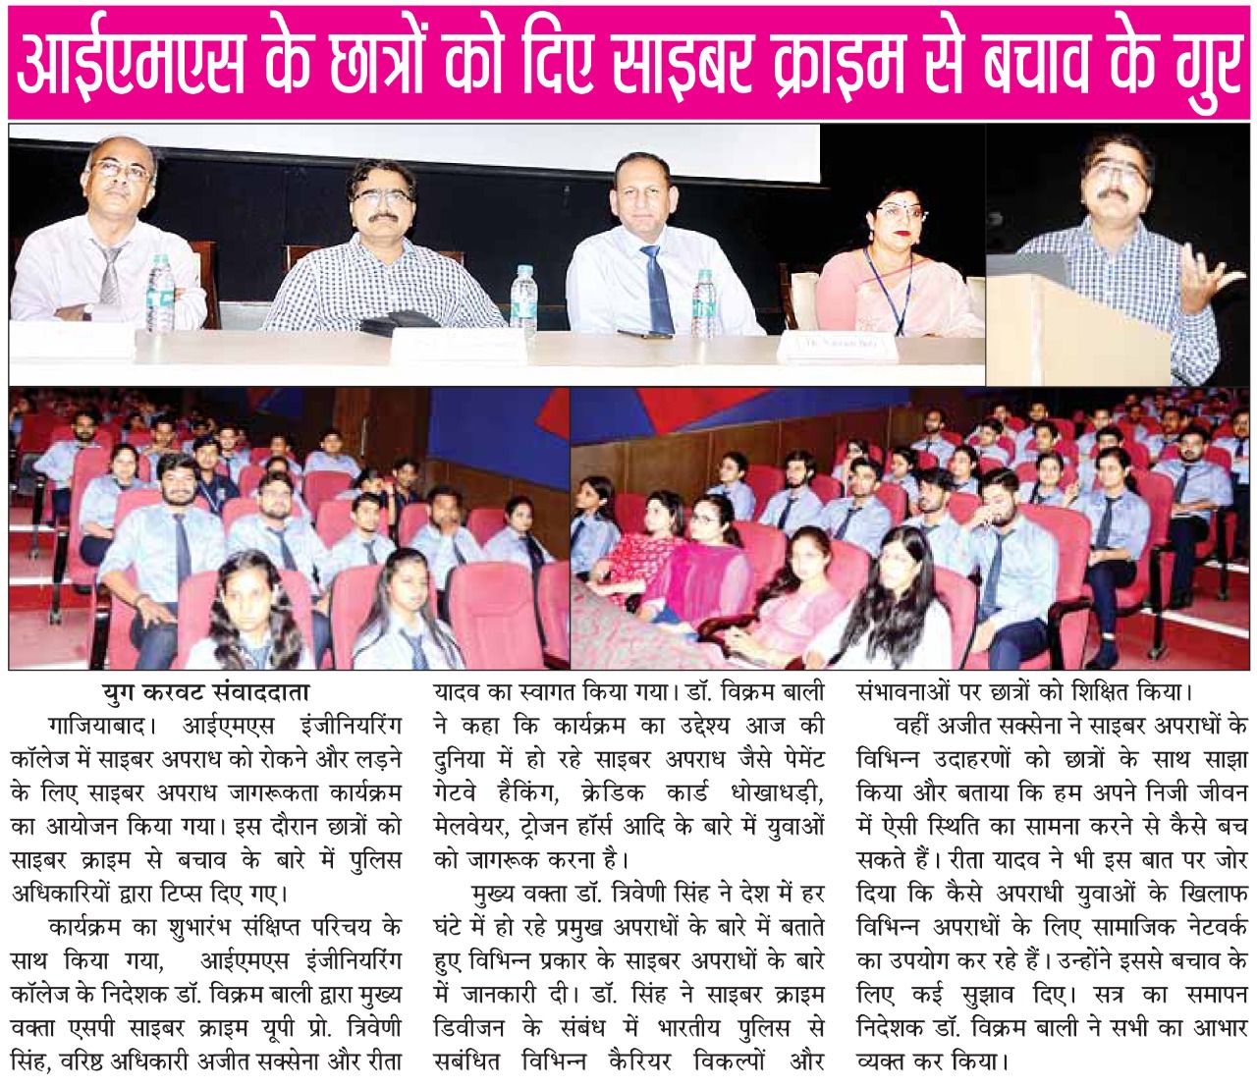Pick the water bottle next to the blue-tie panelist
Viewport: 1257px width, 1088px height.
tap(703, 289)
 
